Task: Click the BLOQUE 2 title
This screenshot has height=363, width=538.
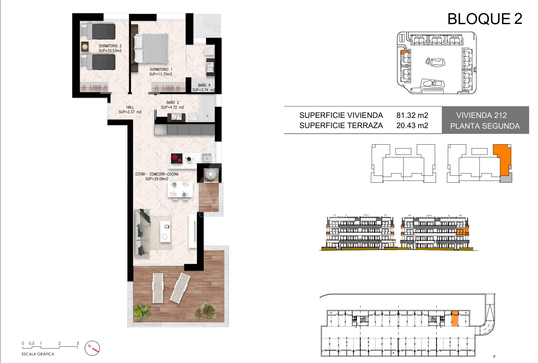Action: (485, 19)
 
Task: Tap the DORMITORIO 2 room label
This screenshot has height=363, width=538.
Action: (110, 46)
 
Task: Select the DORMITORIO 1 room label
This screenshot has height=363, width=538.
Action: (161, 69)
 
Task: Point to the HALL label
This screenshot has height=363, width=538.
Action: (130, 107)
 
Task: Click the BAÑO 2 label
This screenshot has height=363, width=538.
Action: (173, 102)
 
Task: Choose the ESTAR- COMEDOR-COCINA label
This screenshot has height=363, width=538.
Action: (157, 174)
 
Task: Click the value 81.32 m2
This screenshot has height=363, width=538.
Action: (412, 115)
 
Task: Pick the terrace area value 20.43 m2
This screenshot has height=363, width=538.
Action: (412, 125)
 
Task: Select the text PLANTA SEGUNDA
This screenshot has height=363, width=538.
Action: (485, 126)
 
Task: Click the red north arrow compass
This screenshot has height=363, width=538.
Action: (92, 348)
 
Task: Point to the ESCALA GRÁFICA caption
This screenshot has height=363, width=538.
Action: (38, 354)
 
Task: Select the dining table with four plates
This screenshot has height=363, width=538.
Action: (180, 189)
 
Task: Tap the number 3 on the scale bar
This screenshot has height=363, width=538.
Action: (78, 343)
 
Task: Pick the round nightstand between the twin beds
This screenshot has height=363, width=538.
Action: (85, 46)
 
